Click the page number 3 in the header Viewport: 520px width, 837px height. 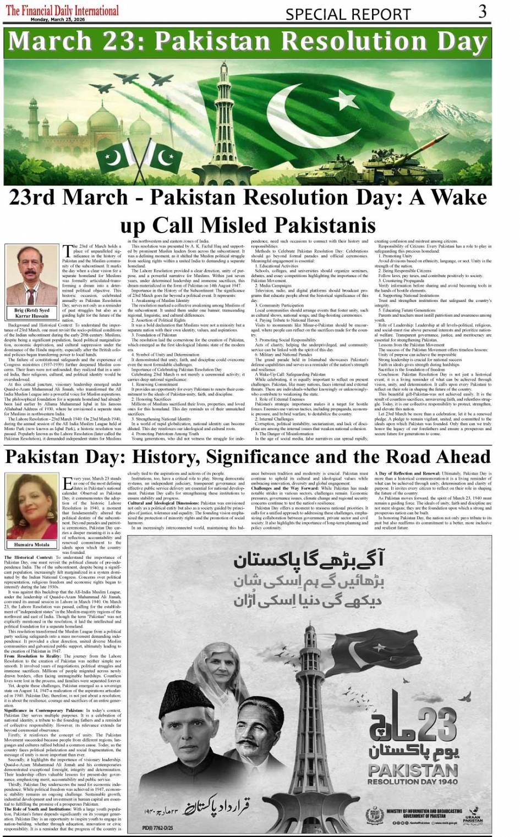pyautogui.click(x=482, y=12)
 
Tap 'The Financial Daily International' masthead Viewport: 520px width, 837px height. pyautogui.click(x=62, y=10)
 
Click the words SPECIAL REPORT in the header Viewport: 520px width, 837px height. pyautogui.click(x=348, y=14)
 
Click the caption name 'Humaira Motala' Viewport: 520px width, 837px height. pyautogui.click(x=32, y=544)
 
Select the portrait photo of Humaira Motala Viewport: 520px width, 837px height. pyautogui.click(x=32, y=506)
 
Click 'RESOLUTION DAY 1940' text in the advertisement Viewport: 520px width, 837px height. pyautogui.click(x=412, y=781)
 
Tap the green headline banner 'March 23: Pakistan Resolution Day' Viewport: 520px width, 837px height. pyautogui.click(x=248, y=42)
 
